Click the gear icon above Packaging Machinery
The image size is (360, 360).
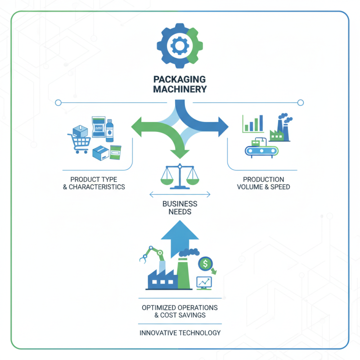pos(180,45)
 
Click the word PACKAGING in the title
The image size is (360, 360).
pos(180,79)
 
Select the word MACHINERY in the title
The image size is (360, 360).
pos(180,89)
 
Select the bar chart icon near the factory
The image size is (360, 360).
pos(253,124)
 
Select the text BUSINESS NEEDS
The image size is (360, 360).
pos(180,207)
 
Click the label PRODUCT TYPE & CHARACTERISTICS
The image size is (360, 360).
pos(94,183)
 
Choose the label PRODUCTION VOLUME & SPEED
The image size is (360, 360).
pos(263,183)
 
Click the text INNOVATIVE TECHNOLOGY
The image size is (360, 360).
pos(180,333)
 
